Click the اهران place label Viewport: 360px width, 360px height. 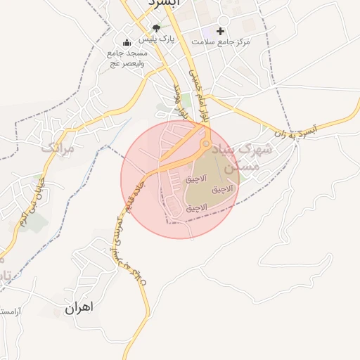pyautogui.click(x=79, y=308)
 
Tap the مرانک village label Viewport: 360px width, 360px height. pyautogui.click(x=57, y=148)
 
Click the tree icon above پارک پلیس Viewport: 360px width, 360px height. pyautogui.click(x=156, y=29)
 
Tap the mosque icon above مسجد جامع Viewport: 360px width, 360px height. pyautogui.click(x=126, y=41)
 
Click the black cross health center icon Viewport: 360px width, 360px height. pyautogui.click(x=221, y=31)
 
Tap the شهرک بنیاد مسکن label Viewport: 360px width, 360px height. pyautogui.click(x=245, y=157)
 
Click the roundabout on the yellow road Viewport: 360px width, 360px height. pyautogui.click(x=205, y=144)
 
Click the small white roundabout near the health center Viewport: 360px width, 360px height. pyautogui.click(x=223, y=20)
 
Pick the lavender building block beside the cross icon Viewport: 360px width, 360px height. pyautogui.click(x=205, y=32)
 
